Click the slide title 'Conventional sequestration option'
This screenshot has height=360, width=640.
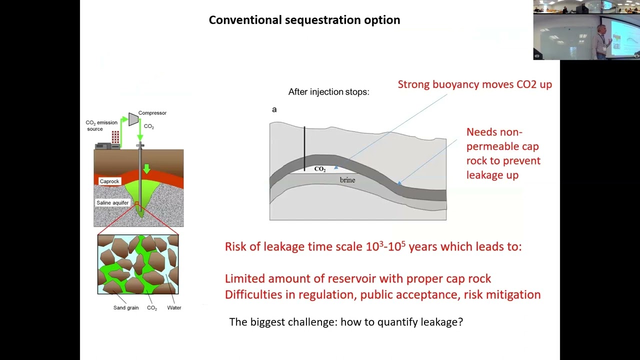tap(304, 20)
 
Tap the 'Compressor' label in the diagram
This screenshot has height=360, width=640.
tap(152, 113)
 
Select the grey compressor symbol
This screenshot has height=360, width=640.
tap(133, 119)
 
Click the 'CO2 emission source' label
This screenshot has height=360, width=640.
tap(101, 125)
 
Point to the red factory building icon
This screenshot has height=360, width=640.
tap(115, 137)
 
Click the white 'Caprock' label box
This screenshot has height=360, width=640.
tap(109, 181)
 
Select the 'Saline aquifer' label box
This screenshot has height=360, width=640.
tap(112, 203)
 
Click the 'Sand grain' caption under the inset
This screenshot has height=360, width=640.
tap(125, 308)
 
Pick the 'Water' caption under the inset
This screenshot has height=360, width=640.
tap(174, 308)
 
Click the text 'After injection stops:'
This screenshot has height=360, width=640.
tap(328, 92)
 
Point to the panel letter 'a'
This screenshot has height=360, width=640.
tap(274, 109)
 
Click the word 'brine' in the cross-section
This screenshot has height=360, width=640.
tap(347, 180)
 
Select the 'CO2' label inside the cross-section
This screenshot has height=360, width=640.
tap(320, 169)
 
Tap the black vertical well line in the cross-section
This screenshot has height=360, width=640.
tap(304, 147)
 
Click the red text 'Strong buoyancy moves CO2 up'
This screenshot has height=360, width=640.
tap(474, 84)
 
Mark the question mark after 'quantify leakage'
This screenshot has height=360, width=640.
tap(460, 322)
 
